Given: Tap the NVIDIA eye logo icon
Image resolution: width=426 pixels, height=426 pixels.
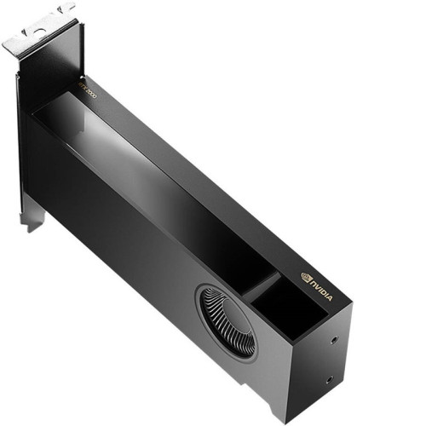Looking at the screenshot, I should click(307, 276).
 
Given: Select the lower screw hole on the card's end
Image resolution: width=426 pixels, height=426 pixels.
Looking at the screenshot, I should click(329, 380).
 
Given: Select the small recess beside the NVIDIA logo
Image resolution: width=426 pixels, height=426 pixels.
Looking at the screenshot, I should click(285, 307).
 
